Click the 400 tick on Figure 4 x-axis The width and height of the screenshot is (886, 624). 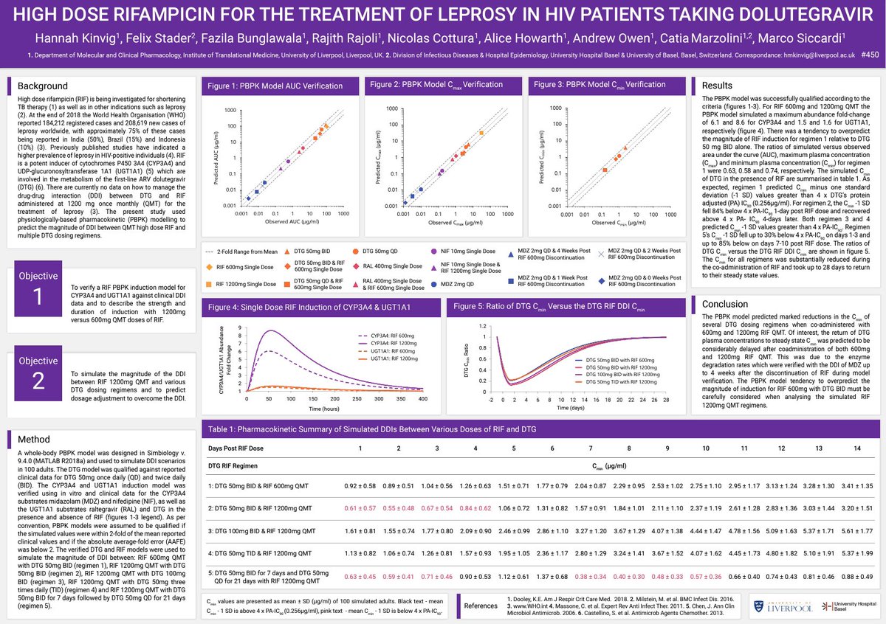point(422,398)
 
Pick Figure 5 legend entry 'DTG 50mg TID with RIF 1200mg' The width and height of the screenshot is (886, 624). point(617,381)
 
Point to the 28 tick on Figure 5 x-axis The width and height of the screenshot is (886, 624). point(665,398)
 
